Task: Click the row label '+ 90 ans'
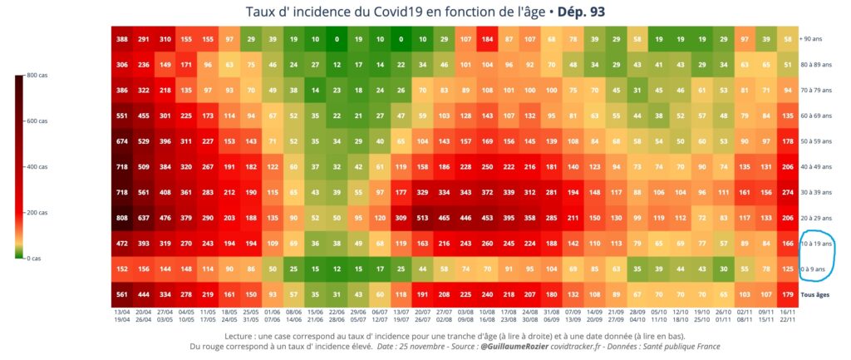(812, 39)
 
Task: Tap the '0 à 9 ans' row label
(813, 270)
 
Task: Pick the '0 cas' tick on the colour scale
(36, 259)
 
